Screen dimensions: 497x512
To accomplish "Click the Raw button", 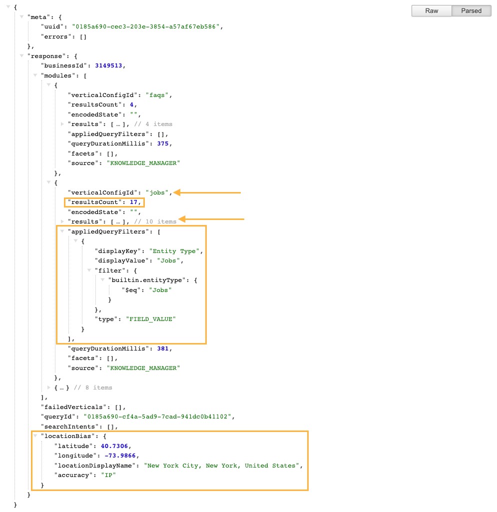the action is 432,11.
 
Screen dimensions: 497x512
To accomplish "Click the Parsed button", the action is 471,11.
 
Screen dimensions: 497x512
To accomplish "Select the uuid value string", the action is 146,27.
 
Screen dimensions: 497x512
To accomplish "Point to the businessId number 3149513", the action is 108,65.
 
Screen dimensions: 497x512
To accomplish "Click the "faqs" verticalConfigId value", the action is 157,95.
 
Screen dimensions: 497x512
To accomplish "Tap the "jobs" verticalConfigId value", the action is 157,192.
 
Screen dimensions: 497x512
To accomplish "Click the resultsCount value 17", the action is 133,202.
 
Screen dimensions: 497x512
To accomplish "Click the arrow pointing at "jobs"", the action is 207,192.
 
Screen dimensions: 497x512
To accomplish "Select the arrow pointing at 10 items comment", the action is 211,219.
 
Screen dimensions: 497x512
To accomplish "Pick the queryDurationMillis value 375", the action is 163,143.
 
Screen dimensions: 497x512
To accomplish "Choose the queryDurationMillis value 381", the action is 163,348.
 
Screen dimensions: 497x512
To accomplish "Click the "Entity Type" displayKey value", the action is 174,251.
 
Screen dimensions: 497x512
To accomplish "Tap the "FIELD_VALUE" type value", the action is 151,319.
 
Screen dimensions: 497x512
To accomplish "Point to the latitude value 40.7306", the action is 114,446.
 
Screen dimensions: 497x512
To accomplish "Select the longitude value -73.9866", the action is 120,456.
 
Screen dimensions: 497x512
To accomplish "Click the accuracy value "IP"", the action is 108,475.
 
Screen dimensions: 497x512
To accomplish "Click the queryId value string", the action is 157,416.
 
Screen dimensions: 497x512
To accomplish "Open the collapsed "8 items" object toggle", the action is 49,387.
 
